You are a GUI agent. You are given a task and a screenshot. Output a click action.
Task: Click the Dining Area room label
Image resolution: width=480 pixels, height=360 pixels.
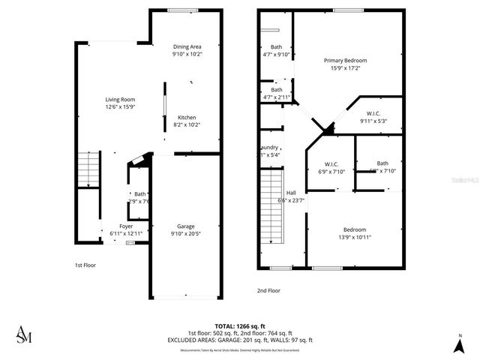click(187, 46)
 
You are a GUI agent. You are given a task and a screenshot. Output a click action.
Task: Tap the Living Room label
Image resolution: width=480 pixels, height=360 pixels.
click(119, 99)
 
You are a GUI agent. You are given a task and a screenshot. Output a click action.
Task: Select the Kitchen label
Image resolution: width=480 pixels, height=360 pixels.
click(187, 117)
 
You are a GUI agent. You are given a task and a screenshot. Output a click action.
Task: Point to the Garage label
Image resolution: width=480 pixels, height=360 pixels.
click(186, 226)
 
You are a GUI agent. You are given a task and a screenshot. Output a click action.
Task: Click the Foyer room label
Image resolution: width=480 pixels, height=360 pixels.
click(126, 226)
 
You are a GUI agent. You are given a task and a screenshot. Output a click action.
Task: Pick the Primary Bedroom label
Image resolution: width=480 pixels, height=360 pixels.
click(345, 60)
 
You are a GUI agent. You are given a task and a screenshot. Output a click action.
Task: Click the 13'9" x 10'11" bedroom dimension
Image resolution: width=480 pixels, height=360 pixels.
click(355, 237)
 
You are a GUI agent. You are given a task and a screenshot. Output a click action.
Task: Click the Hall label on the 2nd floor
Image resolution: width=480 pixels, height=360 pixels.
click(290, 192)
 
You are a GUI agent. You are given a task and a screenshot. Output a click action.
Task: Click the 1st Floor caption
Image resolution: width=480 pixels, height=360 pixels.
click(85, 265)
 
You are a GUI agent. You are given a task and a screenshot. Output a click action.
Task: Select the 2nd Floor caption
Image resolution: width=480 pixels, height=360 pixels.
click(268, 290)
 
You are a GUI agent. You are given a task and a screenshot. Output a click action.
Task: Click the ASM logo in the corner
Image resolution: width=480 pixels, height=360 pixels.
click(24, 334)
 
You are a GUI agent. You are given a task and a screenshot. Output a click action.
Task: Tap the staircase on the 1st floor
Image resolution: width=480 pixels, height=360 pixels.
click(88, 169)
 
